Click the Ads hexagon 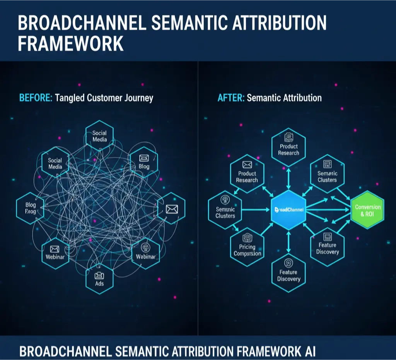pos(99,279)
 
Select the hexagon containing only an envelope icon pos(171,209)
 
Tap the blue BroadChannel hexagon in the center pos(288,209)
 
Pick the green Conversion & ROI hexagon pos(368,210)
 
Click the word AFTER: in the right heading pos(231,98)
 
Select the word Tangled pos(69,98)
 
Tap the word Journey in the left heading pos(138,98)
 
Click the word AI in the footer pos(308,351)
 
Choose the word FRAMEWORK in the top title pos(71,43)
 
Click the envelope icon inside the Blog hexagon pos(144,158)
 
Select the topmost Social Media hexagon pos(99,136)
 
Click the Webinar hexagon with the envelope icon pos(55,254)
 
